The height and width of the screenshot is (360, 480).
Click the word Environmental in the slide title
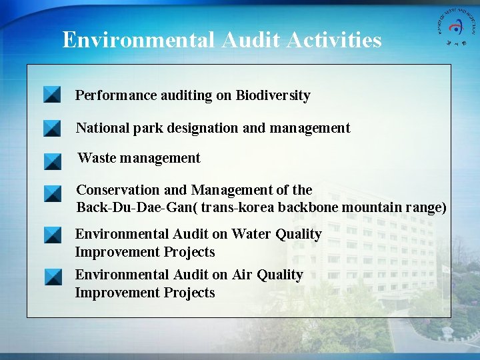pos(137,41)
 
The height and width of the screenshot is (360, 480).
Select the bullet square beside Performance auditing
pos(52,95)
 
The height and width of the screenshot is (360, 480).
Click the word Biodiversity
pos(273,95)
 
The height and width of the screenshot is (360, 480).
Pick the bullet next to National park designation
pos(52,128)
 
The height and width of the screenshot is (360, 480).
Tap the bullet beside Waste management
pos(52,161)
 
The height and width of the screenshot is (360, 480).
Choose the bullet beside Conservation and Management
pos(52,194)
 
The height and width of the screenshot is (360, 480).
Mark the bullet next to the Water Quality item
pos(52,235)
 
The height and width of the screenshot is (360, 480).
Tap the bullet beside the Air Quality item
pos(52,277)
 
